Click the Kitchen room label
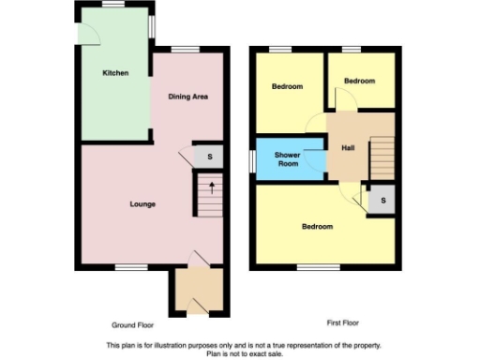click(115, 73)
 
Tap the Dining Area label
click(187, 97)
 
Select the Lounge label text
click(142, 204)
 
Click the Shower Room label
click(287, 159)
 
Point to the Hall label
click(348, 147)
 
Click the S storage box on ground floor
click(209, 157)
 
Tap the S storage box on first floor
click(380, 200)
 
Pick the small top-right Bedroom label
click(359, 82)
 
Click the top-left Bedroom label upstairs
click(287, 87)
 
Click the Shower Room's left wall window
click(252, 159)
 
